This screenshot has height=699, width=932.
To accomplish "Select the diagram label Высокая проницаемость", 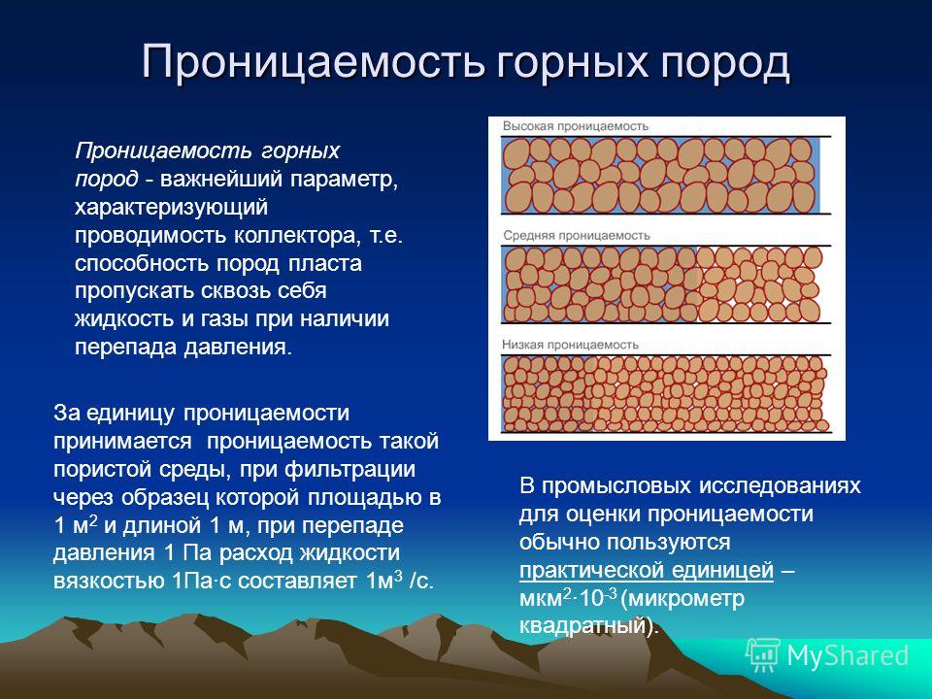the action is tap(576, 126).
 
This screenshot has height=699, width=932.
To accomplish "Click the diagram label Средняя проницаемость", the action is tap(577, 235).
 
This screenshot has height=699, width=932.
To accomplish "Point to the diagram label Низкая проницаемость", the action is tap(570, 344).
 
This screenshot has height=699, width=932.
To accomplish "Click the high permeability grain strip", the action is tap(661, 176).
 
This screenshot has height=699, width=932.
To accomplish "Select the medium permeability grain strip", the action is tap(661, 284).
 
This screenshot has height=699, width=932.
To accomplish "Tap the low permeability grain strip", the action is tap(665, 393).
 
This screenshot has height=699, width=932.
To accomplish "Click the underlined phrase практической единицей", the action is tap(647, 571).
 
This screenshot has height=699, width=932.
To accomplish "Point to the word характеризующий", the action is tap(171, 208).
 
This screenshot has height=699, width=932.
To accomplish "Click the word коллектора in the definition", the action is tap(297, 236).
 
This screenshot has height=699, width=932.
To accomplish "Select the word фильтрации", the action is tap(350, 470).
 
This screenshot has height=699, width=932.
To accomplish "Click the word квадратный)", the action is tap(589, 626).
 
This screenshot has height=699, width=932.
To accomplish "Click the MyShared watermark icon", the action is tap(763, 655).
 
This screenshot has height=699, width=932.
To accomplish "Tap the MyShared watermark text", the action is tap(848, 656).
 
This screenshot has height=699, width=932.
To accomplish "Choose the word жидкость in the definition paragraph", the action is tap(125, 319).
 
